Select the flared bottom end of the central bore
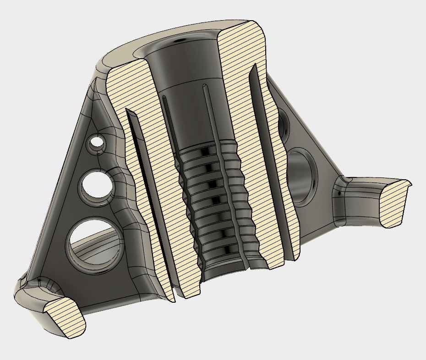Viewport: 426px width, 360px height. [x=224, y=268]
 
